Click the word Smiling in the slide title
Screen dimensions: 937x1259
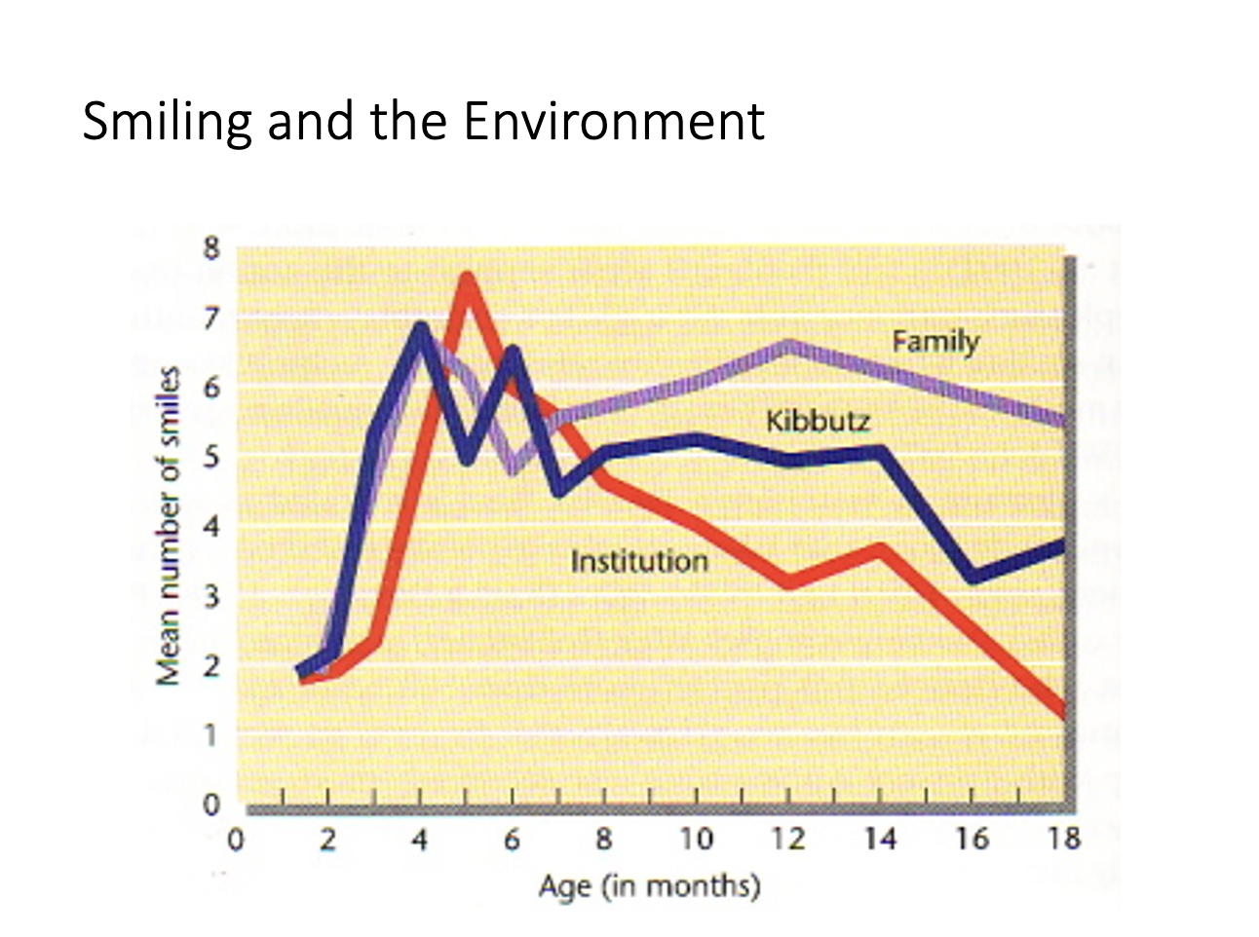point(167,123)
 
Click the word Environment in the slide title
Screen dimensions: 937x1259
point(613,121)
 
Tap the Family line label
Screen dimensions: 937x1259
point(935,341)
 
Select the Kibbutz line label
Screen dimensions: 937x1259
point(818,421)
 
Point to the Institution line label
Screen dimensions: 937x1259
point(638,561)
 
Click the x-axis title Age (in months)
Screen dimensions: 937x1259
point(649,886)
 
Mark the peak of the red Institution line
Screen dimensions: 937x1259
point(468,280)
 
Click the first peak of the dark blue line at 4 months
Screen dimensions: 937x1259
point(421,328)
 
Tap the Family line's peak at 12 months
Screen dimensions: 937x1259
point(788,346)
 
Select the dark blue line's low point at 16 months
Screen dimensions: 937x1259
point(972,576)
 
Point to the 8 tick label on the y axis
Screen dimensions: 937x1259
point(211,247)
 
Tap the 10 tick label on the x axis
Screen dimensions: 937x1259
point(695,839)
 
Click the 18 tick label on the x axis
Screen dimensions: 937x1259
point(1063,839)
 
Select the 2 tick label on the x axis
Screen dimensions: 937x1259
point(328,839)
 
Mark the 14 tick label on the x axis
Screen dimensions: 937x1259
point(879,839)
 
